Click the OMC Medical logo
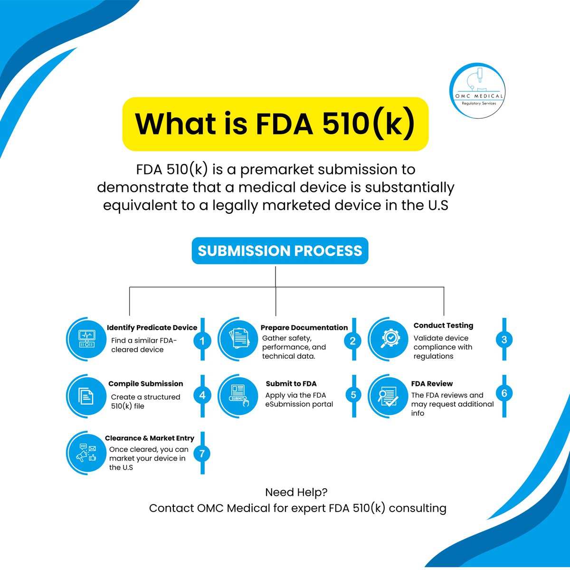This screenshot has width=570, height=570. point(477,89)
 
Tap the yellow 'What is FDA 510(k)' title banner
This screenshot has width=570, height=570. point(275,124)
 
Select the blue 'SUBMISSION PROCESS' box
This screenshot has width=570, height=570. point(280,251)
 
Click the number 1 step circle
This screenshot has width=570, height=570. point(202,341)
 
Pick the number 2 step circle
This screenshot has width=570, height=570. point(352,341)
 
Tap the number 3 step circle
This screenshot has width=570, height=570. point(504,340)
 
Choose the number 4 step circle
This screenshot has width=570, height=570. point(202,395)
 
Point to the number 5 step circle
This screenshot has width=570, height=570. point(353,395)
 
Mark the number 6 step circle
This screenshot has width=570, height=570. point(504,393)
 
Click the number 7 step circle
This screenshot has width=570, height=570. point(202,454)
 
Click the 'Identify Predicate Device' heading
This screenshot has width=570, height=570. point(152,328)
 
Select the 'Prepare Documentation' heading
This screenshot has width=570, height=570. point(304,328)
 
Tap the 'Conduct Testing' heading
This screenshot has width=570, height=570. point(443,325)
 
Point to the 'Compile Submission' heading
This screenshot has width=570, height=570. point(145,384)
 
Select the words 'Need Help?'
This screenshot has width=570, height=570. point(296,492)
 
